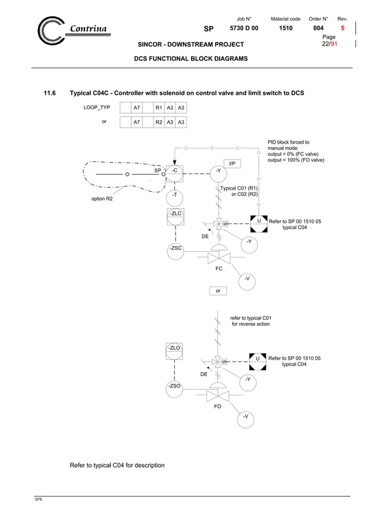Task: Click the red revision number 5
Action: [343, 28]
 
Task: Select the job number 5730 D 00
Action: [244, 28]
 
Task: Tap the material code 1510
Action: [285, 28]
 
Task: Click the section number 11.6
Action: [51, 93]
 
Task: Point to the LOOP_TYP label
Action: [97, 107]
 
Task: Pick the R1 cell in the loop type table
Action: [159, 107]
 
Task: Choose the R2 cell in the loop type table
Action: [159, 122]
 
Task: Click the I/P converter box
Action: [231, 164]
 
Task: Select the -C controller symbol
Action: [174, 171]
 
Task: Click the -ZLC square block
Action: [175, 218]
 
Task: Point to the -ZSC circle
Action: [175, 248]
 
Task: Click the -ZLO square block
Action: [174, 352]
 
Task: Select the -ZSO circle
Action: [174, 387]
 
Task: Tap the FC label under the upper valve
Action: [219, 269]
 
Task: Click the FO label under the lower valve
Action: [218, 406]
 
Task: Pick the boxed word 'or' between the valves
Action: [218, 291]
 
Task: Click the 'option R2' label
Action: [102, 199]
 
